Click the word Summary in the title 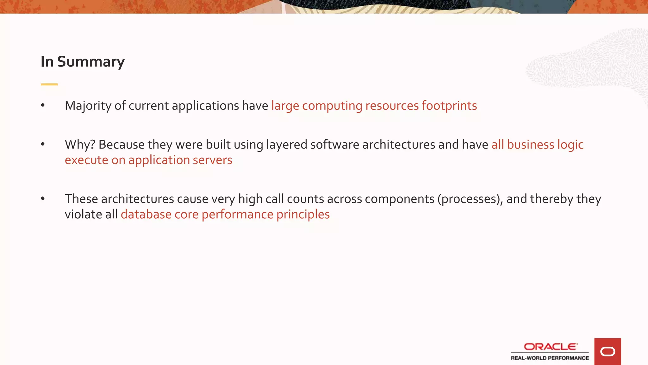coord(91,61)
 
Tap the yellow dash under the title coord(49,84)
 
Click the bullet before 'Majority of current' coord(43,106)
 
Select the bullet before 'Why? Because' coord(43,144)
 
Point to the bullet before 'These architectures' coord(43,199)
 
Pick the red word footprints coord(449,106)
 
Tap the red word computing coord(332,106)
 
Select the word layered coord(287,145)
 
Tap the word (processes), coord(470,199)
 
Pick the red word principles coord(303,215)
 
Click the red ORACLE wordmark coord(551,347)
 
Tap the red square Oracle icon coord(607,351)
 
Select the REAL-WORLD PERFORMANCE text coord(550,358)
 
